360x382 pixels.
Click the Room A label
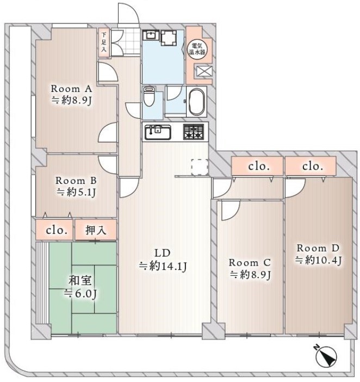[x=71, y=89]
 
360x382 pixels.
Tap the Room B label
[x=76, y=181]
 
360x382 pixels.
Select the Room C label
[x=250, y=263]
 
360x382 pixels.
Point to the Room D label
[x=318, y=248]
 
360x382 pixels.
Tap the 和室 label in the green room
[x=80, y=280]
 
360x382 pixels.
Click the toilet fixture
[x=148, y=97]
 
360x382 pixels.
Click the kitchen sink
[x=158, y=132]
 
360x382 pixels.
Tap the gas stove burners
[x=194, y=132]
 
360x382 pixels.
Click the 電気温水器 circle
[x=197, y=49]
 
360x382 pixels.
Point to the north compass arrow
[x=326, y=356]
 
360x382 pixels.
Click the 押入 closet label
[x=96, y=230]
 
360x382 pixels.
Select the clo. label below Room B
[x=57, y=230]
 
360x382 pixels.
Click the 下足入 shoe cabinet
[x=104, y=43]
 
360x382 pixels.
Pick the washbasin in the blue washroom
[x=151, y=35]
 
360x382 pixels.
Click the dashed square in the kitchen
[x=200, y=167]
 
